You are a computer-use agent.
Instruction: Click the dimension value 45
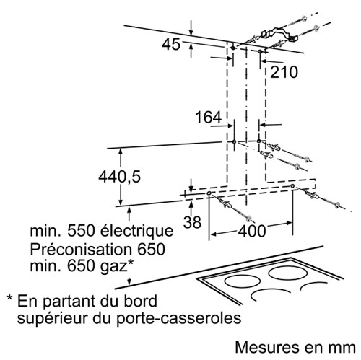click(x=171, y=45)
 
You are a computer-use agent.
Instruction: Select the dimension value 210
click(x=284, y=72)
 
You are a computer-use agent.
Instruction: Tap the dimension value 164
click(x=208, y=117)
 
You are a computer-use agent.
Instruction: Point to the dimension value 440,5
click(x=119, y=177)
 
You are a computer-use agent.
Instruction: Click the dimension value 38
click(x=192, y=221)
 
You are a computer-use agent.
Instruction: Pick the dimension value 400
click(x=252, y=231)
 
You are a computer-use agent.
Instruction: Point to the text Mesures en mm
click(x=295, y=347)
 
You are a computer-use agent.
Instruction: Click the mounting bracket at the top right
click(x=279, y=35)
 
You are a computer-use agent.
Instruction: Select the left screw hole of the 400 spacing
click(x=209, y=193)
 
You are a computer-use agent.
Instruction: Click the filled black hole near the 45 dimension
click(x=232, y=48)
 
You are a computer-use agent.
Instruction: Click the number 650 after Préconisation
click(x=151, y=249)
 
